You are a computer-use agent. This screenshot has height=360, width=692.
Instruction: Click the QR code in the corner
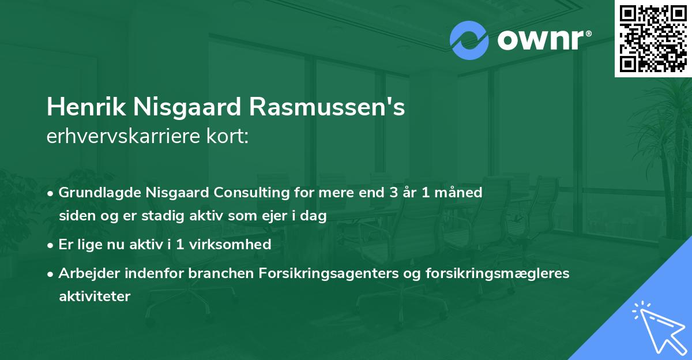(653, 38)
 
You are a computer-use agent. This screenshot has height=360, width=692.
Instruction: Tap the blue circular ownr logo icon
(469, 40)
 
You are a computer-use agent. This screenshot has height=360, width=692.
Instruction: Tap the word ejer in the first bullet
(280, 216)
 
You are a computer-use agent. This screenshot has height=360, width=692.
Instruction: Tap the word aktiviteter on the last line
(95, 297)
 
